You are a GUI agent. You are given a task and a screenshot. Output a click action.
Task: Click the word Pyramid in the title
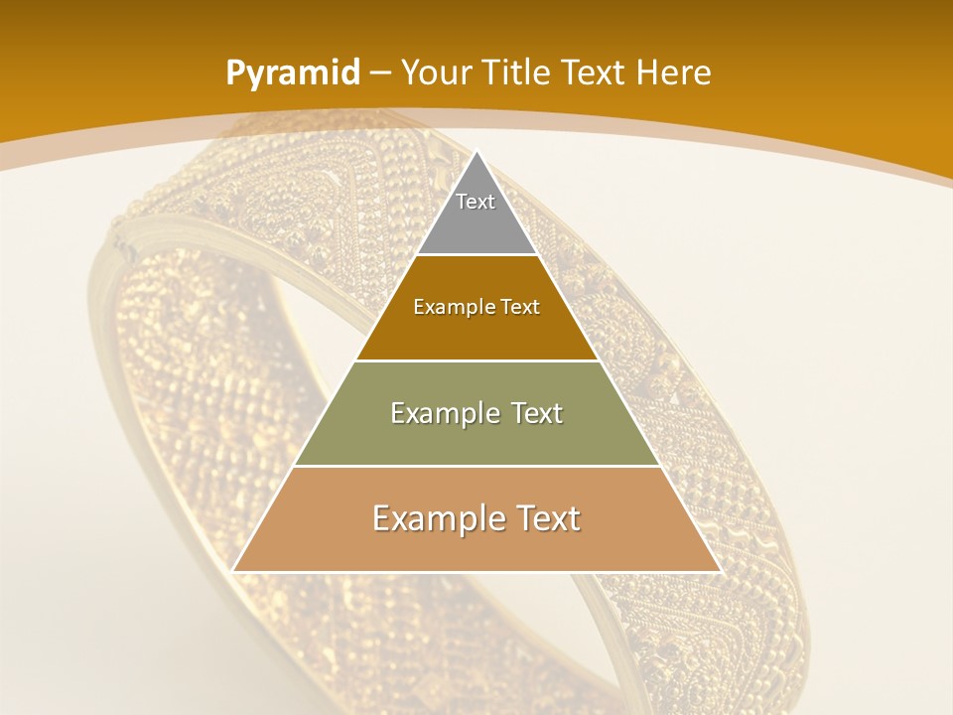[x=292, y=73]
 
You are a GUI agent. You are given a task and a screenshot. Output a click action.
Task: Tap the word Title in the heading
[x=518, y=72]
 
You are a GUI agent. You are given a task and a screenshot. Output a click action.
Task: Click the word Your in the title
[x=438, y=72]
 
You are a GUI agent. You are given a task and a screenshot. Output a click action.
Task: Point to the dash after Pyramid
[x=379, y=74]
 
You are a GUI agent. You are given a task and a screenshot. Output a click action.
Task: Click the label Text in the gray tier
[x=476, y=202]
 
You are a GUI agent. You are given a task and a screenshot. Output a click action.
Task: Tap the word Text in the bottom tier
[x=546, y=518]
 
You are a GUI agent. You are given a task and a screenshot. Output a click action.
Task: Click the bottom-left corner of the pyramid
[x=232, y=571]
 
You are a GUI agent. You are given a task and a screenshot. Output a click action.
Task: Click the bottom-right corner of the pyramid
[x=721, y=571]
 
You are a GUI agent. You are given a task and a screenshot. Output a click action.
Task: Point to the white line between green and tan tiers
[x=476, y=466]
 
